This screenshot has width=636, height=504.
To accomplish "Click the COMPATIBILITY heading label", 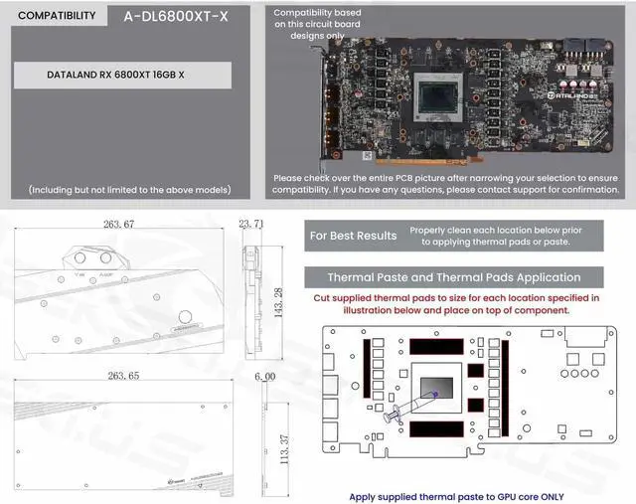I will coord(57,16).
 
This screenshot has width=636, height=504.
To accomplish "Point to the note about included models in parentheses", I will coord(129,189).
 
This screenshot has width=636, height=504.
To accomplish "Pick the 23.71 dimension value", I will coord(251,225).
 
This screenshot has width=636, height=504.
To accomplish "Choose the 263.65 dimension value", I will coord(117,378).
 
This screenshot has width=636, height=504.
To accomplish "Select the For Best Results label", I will coord(353,236).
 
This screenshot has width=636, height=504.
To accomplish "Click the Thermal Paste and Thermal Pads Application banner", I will coord(454,277).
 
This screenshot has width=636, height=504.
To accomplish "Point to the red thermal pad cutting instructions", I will coord(456,303).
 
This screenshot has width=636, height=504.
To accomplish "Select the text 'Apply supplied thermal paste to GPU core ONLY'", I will coord(456,494).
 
